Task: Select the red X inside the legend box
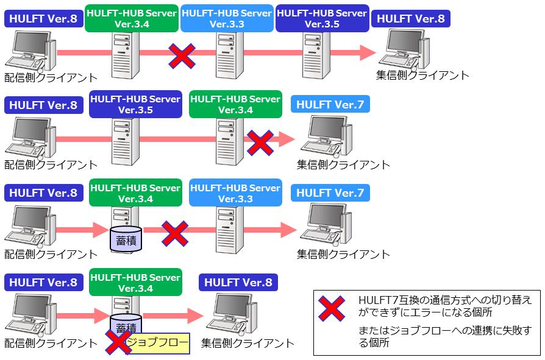tap(332, 308)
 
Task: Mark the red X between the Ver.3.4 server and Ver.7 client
tap(260, 142)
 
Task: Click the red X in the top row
tap(182, 56)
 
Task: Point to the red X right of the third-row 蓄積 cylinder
tap(174, 232)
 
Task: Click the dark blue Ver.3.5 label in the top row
tap(321, 18)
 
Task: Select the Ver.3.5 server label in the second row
tap(135, 104)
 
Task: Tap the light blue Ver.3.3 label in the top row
tap(227, 18)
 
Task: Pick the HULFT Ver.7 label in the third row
tap(330, 194)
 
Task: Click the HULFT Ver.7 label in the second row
tap(330, 105)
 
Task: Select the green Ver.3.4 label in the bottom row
tap(135, 283)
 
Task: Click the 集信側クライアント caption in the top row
tap(422, 76)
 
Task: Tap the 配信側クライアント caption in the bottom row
tap(51, 344)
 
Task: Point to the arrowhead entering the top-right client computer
tap(368, 52)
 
